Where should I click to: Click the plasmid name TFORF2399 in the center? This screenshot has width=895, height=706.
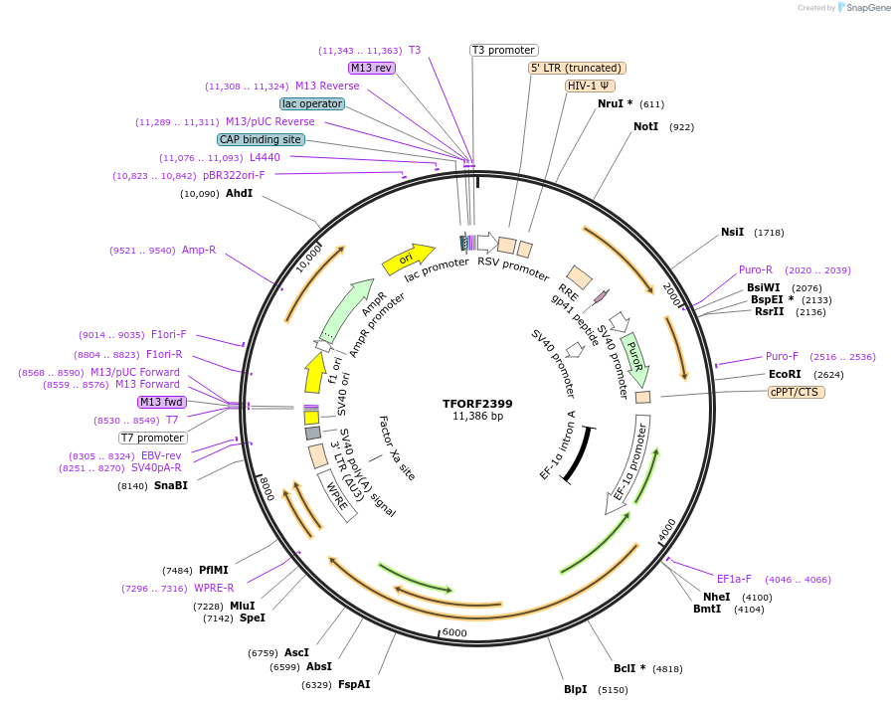pos(477,404)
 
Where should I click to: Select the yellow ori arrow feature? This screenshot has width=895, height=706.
pos(408,259)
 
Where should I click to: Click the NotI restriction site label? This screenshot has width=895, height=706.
pos(646,127)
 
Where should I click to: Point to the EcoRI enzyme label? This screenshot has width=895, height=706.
pos(785,375)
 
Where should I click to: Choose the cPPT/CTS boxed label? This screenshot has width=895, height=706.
pos(796,392)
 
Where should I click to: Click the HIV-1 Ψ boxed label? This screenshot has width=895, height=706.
pos(590,86)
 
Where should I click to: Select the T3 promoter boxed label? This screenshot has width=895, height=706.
pos(503,50)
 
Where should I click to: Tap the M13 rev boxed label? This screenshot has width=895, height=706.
pos(371,68)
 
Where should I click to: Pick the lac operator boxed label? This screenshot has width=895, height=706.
pos(312,103)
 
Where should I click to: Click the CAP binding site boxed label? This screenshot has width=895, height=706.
pos(261,140)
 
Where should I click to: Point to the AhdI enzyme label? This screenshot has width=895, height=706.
pos(239,193)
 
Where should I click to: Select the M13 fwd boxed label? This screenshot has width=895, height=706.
pos(162,402)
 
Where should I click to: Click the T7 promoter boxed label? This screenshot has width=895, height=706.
pos(153,438)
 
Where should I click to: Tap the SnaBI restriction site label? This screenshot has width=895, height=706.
pos(171,485)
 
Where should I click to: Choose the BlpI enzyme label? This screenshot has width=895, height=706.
pos(576,689)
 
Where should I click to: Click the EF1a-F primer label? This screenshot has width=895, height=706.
pos(734,579)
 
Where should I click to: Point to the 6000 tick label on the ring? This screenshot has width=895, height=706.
pos(454,633)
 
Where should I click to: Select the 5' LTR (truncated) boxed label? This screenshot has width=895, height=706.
pos(577,68)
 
